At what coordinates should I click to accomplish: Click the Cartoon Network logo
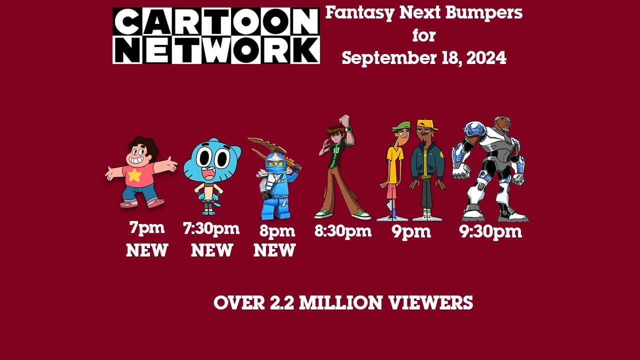pyautogui.click(x=216, y=35)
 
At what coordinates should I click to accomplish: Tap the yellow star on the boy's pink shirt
pyautogui.click(x=134, y=174)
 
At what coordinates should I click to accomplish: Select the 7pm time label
pyautogui.click(x=146, y=228)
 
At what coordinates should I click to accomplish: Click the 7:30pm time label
pyautogui.click(x=211, y=229)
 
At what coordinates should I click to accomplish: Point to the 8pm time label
pyautogui.click(x=277, y=231)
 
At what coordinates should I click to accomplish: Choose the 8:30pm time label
pyautogui.click(x=342, y=231)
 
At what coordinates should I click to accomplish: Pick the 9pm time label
pyautogui.click(x=411, y=231)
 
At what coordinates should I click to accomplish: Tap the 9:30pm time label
pyautogui.click(x=490, y=231)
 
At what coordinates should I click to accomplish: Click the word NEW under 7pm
pyautogui.click(x=146, y=250)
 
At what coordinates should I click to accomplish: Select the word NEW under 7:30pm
pyautogui.click(x=211, y=250)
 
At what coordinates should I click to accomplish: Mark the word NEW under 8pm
pyautogui.click(x=274, y=250)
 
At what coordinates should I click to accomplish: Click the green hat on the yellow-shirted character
pyautogui.click(x=400, y=126)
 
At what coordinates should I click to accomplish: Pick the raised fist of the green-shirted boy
pyautogui.click(x=344, y=119)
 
